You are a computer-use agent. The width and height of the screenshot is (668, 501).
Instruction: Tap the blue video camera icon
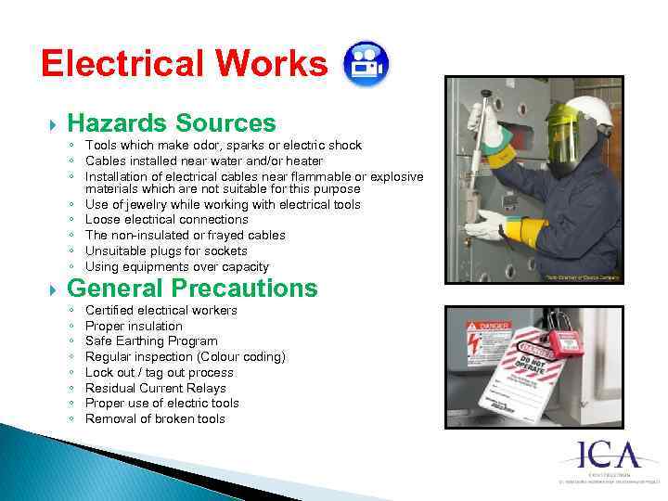[x=366, y=63]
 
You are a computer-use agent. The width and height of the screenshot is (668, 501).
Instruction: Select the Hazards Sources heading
[x=172, y=123]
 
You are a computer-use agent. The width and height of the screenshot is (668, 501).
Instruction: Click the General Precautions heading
[x=192, y=289]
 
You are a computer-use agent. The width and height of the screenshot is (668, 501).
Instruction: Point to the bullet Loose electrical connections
[x=166, y=220]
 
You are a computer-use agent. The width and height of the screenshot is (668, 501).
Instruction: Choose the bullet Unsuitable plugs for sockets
[x=166, y=250]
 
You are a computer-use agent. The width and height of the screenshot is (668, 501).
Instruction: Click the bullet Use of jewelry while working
[x=223, y=204]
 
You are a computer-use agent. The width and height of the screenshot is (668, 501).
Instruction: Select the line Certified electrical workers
[x=161, y=310]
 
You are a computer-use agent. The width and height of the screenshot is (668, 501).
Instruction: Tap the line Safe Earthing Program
[x=151, y=340]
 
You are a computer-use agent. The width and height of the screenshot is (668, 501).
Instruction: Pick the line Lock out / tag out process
[x=159, y=372]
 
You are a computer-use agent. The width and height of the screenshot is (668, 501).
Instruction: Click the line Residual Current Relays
[x=155, y=388]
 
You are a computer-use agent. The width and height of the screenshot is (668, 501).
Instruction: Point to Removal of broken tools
[x=155, y=418]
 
